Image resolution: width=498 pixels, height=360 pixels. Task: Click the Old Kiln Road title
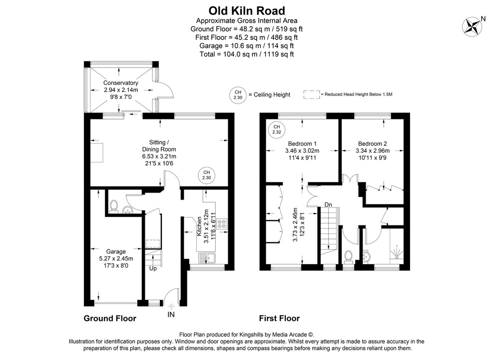(x=247, y=10)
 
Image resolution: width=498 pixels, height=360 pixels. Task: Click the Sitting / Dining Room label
(x=159, y=149)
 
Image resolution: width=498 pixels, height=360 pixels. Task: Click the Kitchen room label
(x=199, y=226)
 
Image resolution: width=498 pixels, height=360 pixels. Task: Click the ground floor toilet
(x=114, y=206)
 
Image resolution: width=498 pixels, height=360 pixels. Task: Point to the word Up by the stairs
(x=154, y=268)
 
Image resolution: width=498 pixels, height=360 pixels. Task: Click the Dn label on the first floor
(x=328, y=204)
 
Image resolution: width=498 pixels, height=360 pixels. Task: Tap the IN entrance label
(x=171, y=315)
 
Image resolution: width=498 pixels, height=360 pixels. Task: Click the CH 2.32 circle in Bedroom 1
(x=275, y=129)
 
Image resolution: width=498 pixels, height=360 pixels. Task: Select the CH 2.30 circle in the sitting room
(x=206, y=175)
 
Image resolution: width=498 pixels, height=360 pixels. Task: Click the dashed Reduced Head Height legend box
(x=311, y=94)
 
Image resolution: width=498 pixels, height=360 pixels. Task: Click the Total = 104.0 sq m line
(x=247, y=53)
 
